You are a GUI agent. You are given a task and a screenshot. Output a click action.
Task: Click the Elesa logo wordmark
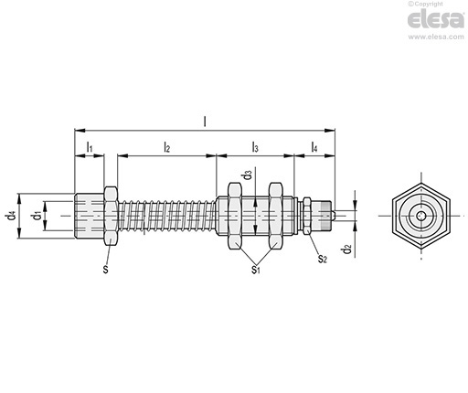point(436,19)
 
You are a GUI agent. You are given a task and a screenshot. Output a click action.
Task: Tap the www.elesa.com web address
point(436,37)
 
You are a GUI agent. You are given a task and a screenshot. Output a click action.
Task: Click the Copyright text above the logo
point(426,4)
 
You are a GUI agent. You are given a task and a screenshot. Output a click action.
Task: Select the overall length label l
point(205,122)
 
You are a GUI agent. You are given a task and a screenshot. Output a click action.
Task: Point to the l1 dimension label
point(90,147)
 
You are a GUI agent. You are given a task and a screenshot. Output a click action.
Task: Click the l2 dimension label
point(166,147)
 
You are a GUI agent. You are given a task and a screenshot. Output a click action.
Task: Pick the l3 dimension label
point(255,147)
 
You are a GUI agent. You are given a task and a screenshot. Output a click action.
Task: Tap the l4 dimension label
point(314,147)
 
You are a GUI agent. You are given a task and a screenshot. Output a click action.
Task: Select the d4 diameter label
point(10,216)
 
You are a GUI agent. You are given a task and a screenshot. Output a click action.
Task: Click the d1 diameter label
point(37,216)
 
